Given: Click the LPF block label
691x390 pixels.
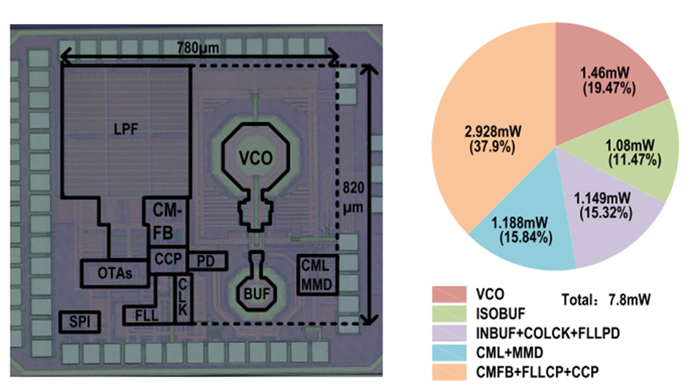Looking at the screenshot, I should pos(125,135).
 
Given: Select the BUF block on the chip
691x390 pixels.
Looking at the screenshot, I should pos(256,294).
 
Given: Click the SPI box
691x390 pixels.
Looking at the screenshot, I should pos(78,322).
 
